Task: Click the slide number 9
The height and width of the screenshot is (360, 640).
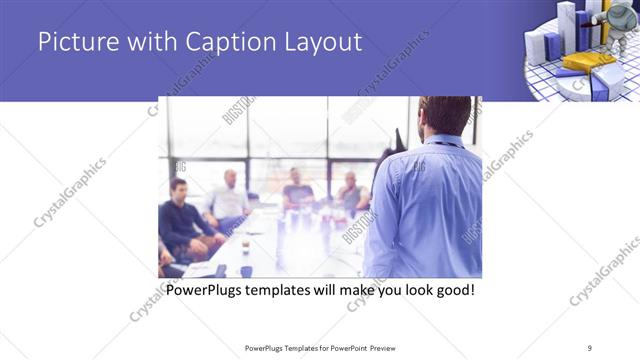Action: tap(590, 347)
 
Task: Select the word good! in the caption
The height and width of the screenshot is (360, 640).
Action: tap(449, 291)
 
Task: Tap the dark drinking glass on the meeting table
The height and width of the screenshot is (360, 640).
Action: tap(246, 271)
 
